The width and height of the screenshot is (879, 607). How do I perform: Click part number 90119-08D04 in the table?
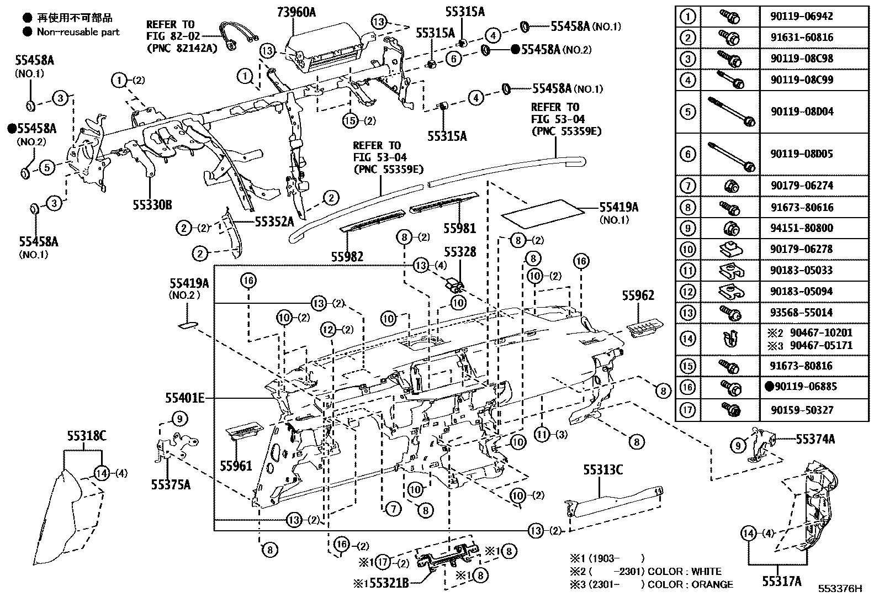[802, 112]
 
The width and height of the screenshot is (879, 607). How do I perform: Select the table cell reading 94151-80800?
[802, 228]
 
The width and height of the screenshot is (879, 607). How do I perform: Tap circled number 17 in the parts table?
[687, 410]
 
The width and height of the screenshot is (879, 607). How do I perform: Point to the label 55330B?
[152, 205]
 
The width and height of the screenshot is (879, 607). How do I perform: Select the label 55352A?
[274, 221]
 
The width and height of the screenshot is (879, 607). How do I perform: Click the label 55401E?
[185, 397]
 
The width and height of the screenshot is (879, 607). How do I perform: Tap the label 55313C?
[603, 469]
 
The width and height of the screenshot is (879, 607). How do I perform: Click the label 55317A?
[781, 580]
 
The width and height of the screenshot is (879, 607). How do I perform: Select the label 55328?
[460, 252]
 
